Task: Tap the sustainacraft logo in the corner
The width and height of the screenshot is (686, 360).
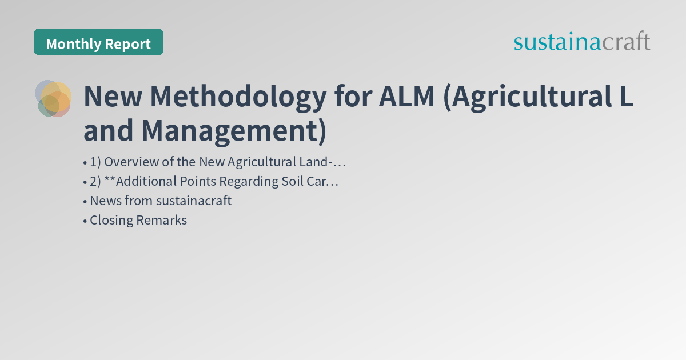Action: pos(581,42)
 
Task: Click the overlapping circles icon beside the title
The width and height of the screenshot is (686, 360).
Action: pos(53,98)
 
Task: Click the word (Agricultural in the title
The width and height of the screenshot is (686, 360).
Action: pos(523,97)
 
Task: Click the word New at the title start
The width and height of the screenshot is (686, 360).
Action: pos(111,97)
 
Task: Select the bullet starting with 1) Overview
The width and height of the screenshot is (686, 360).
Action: pos(214,162)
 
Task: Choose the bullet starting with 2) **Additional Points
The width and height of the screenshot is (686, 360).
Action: pos(211,182)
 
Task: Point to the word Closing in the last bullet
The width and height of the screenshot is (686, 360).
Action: pos(111,220)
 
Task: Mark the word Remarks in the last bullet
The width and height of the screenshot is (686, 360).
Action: pos(162,220)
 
